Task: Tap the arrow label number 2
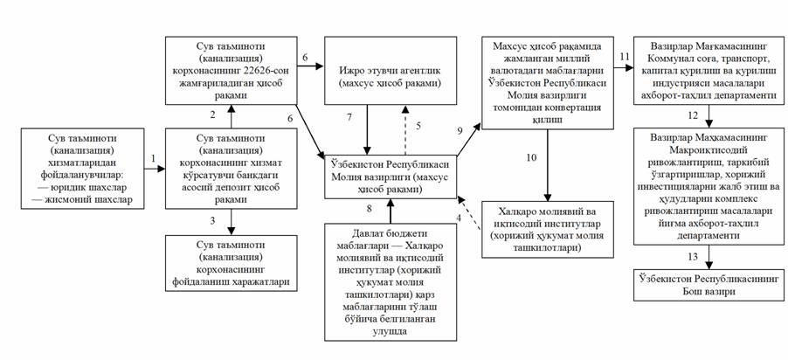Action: click(211, 114)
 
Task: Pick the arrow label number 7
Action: click(350, 116)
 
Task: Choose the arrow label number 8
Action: click(371, 209)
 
